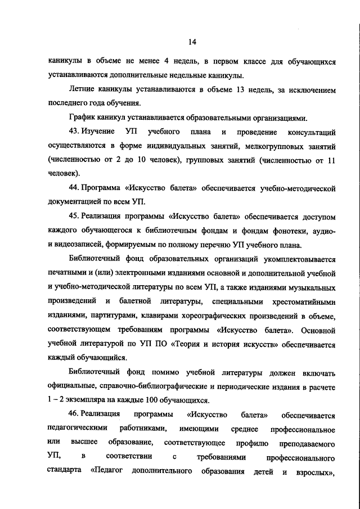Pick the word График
point(82,118)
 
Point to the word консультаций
point(312,133)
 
